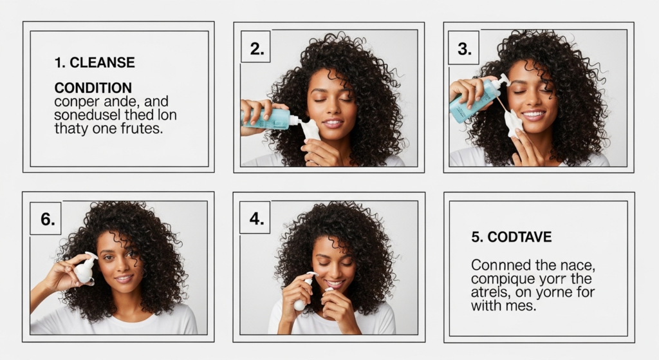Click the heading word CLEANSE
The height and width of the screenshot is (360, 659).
click(x=102, y=62)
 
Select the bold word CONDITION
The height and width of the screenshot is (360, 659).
click(x=93, y=88)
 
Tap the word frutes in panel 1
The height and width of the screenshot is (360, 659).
click(x=141, y=128)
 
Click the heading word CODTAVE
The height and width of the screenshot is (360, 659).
click(x=519, y=237)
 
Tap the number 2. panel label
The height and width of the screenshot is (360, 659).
click(x=257, y=49)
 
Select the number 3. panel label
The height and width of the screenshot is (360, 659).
click(x=465, y=49)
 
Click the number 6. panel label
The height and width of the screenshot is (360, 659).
click(x=48, y=219)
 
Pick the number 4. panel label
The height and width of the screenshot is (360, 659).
click(x=256, y=219)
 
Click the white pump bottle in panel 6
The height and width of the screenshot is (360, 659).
click(x=86, y=268)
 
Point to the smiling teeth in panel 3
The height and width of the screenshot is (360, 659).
click(x=534, y=113)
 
